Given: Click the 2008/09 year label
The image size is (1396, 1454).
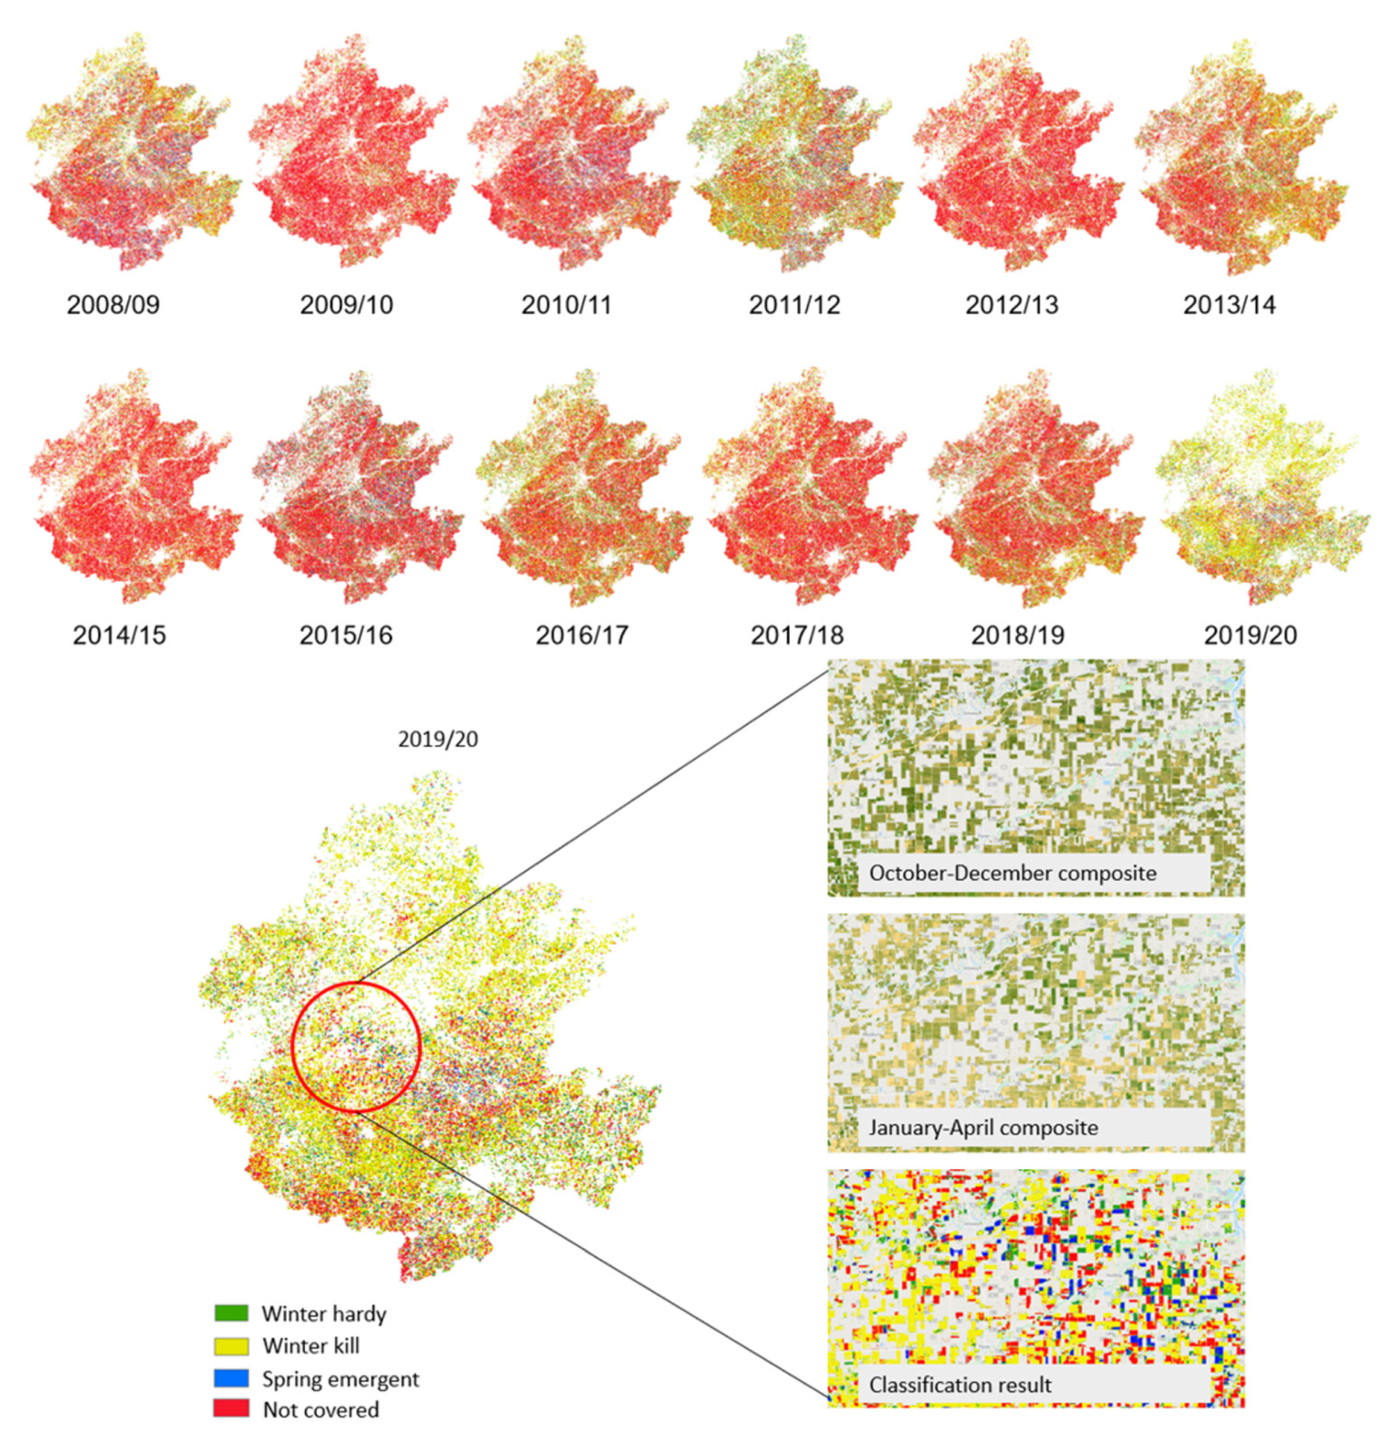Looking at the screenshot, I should click(113, 305).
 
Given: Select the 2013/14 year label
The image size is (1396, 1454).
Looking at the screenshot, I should click(1229, 305).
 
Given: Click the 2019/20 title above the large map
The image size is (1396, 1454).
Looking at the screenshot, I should click(438, 740).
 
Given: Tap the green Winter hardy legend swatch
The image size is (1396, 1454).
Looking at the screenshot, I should click(230, 1313).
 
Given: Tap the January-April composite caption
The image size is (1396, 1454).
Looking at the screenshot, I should click(983, 1128).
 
